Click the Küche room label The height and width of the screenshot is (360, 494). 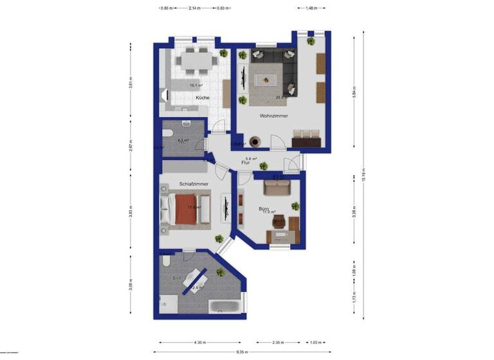click(x=203, y=98)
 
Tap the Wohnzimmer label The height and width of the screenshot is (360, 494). click(x=273, y=116)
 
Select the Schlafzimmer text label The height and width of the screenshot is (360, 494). click(x=194, y=184)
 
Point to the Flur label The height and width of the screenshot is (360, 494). click(x=245, y=163)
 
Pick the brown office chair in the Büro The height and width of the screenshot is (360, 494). click(x=279, y=222)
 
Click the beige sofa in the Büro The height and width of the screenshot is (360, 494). click(x=277, y=188)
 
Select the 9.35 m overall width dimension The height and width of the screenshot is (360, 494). click(x=242, y=352)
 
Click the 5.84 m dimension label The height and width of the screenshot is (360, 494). click(x=354, y=92)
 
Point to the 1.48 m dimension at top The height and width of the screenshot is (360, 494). click(x=309, y=8)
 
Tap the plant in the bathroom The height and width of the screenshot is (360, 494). click(x=221, y=273)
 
